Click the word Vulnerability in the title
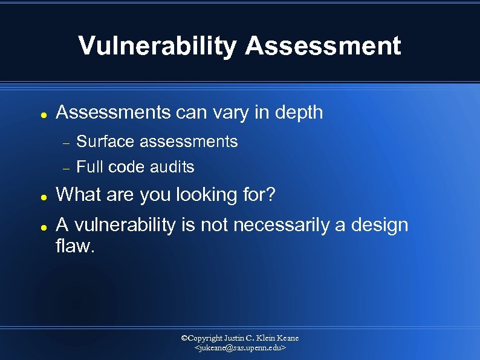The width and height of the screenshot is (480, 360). pos(157,46)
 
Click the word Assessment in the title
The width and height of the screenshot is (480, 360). pos(323,46)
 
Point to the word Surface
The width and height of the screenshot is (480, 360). pos(105,142)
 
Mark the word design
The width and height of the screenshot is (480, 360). pos(379,226)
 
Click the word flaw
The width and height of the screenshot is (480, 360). pos(75,246)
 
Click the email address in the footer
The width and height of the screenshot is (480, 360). pos(240,349)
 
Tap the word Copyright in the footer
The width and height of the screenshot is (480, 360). pos(205,338)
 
